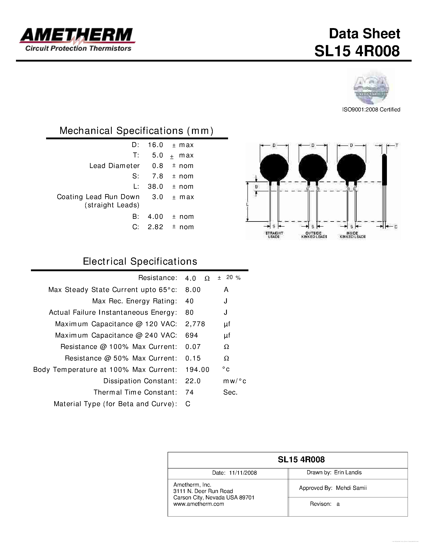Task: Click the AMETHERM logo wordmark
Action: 77,35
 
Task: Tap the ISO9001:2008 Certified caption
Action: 371,110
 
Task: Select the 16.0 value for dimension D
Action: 155,145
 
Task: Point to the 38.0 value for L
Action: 155,187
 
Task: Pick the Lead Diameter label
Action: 114,166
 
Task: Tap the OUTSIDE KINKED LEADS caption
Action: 314,235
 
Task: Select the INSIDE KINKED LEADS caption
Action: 352,235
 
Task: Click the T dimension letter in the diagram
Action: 397,145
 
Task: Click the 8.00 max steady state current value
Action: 193,290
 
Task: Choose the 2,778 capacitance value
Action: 195,324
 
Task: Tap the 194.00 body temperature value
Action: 197,370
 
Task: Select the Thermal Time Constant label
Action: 135,392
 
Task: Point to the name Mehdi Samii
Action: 351,488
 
